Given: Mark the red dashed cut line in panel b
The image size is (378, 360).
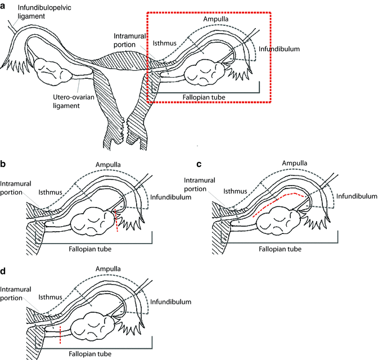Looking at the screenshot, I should [116, 220].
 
